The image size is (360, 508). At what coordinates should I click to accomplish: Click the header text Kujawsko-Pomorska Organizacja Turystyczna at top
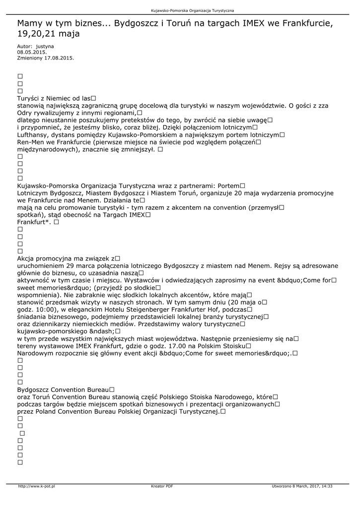click(192, 10)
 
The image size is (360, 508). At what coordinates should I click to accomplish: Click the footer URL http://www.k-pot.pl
click(36, 486)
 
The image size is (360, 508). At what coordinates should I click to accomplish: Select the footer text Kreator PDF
click(162, 486)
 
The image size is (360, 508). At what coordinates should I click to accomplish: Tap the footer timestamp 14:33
click(327, 486)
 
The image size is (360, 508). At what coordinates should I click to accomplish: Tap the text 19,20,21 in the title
click(38, 34)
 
